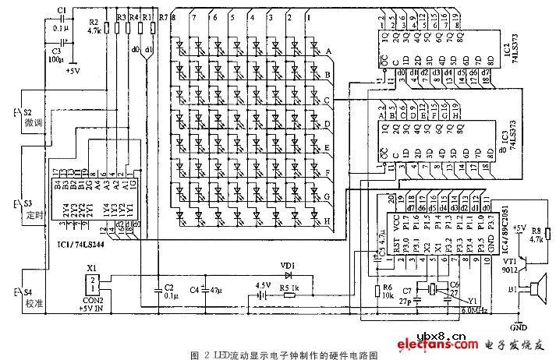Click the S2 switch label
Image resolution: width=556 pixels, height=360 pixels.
(x=28, y=112)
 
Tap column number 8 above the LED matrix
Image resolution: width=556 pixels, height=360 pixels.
(x=173, y=16)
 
